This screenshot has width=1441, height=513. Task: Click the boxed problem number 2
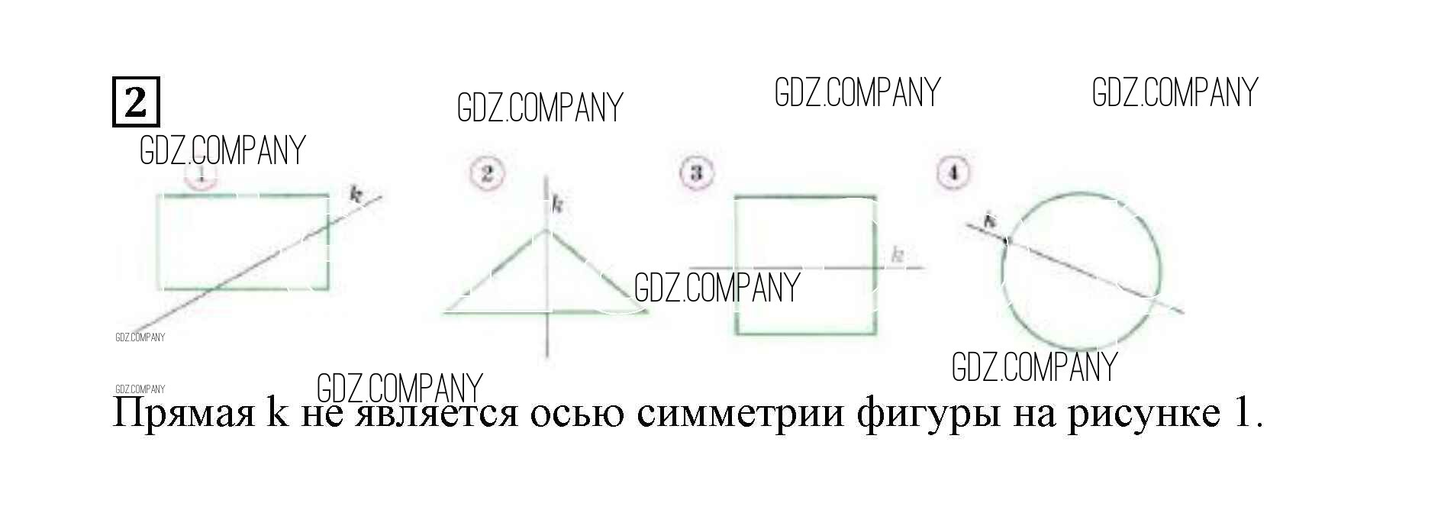click(x=136, y=101)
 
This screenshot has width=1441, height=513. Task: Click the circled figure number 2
click(x=487, y=174)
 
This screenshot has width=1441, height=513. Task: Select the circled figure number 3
click(x=695, y=173)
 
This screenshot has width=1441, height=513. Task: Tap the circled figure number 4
click(x=953, y=173)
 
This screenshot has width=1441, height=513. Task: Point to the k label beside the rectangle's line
click(x=355, y=194)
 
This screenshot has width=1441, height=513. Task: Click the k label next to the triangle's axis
click(x=558, y=205)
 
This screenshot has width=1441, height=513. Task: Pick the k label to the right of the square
click(x=898, y=255)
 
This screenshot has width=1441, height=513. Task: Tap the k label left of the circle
click(x=989, y=222)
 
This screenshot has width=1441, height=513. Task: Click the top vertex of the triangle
click(x=546, y=230)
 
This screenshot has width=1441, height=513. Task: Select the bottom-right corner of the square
click(x=875, y=334)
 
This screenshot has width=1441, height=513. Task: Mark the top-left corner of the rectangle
click(x=159, y=196)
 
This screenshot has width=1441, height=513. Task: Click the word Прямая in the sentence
click(x=183, y=414)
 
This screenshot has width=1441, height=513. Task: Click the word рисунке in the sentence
click(x=1143, y=414)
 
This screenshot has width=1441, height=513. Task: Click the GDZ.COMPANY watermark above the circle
click(x=1175, y=92)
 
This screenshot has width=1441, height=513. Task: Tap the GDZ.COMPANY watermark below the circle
click(x=1034, y=366)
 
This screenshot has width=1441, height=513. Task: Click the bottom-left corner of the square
click(x=737, y=334)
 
